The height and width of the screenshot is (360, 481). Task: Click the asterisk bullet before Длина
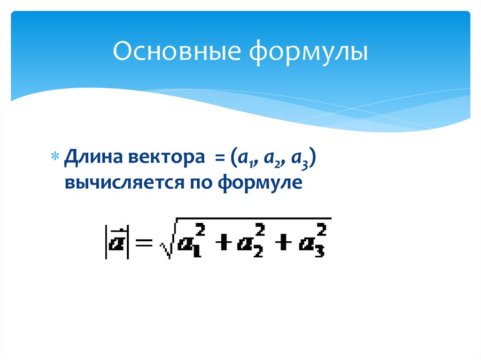(55, 156)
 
